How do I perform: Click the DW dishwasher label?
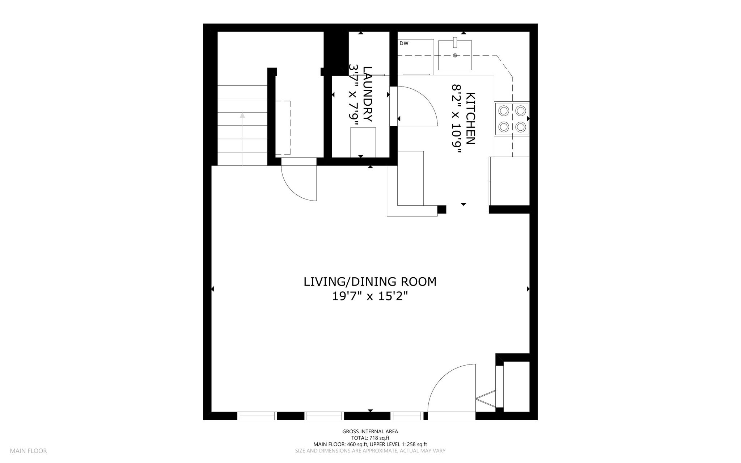404,43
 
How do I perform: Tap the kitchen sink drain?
455,55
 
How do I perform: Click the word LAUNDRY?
368,94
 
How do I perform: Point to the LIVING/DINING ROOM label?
370,282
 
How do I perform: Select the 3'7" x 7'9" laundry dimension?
353,95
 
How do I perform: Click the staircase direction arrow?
242,139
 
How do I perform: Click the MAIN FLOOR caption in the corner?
28,451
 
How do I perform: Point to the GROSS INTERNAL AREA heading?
370,432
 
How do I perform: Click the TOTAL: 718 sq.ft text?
370,438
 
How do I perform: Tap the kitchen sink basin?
455,55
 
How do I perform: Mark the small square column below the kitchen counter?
442,209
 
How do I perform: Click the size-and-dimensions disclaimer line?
370,451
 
